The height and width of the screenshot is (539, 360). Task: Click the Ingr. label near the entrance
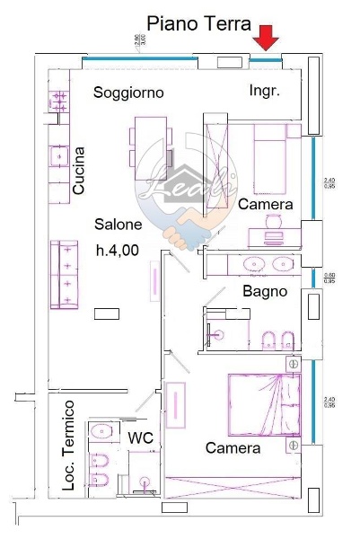coord(265,91)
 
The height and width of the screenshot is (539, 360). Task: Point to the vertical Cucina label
coord(79,172)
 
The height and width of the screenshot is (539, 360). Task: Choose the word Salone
coord(119,225)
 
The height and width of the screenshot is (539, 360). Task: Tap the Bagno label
coord(265,291)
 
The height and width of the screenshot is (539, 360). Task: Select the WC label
coord(144,437)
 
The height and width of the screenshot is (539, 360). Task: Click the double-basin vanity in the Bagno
coord(268,265)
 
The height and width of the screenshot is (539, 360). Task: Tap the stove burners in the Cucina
coord(59,98)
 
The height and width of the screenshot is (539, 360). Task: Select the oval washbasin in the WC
coord(100,430)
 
